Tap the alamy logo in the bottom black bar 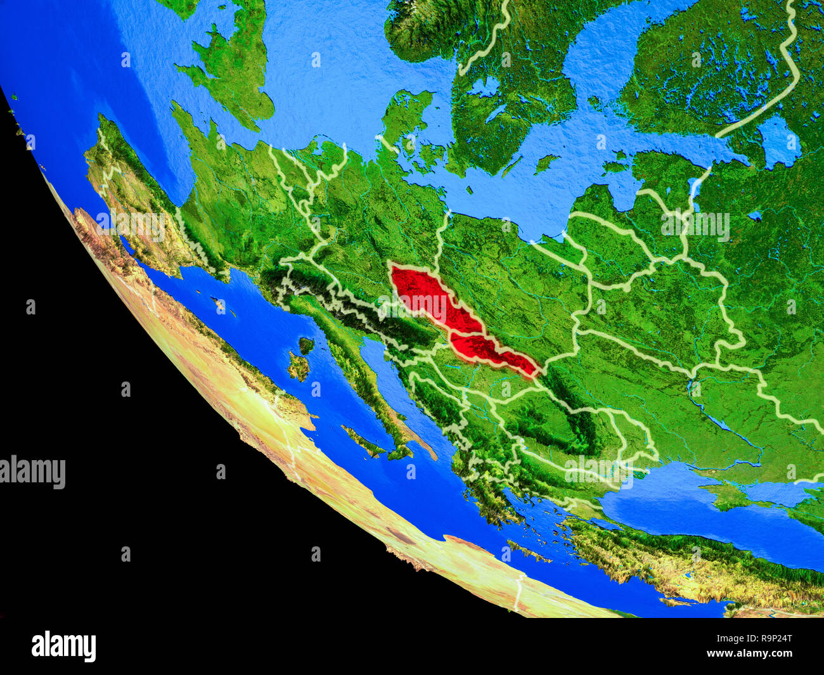63,646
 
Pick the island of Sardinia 297,367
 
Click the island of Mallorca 219,305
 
